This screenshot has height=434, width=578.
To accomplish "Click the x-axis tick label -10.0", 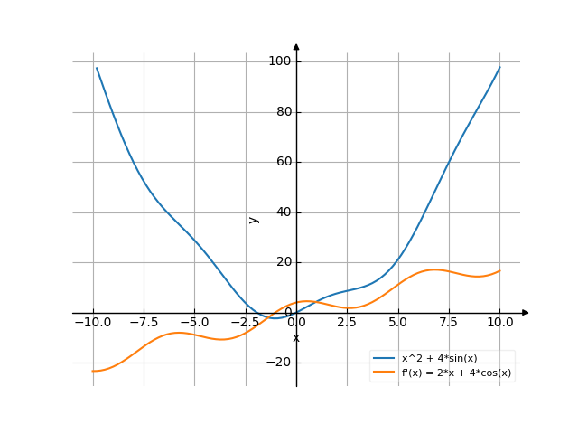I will pos(92,323).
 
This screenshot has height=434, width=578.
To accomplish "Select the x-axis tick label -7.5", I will pos(144,323).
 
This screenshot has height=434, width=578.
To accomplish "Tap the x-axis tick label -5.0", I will pos(194,323).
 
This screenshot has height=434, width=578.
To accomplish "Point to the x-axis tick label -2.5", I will pos(245,323).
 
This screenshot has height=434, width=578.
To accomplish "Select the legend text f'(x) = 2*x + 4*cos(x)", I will pos(456,373).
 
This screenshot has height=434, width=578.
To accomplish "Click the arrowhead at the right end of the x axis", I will pos(526,313).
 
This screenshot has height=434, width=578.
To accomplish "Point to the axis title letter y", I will pos(254,219).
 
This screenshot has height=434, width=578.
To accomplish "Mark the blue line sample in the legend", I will pos(385,359).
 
